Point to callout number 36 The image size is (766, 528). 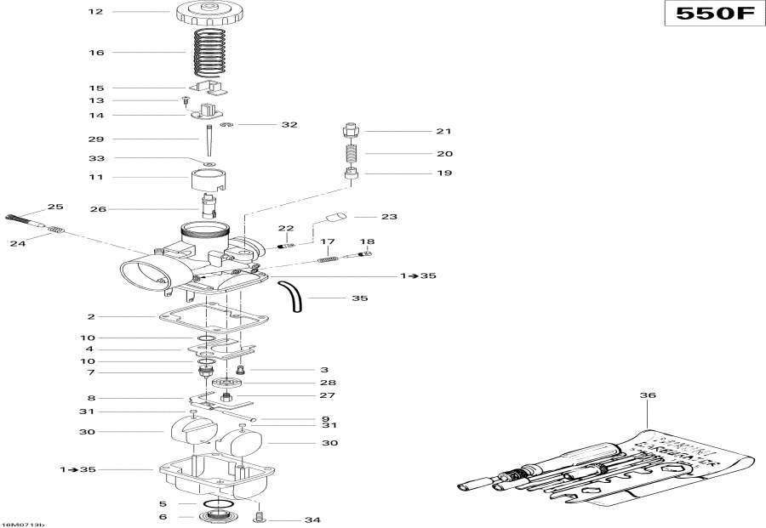tap(649, 395)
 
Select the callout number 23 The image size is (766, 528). tap(389, 216)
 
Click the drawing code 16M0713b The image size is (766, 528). tap(23, 524)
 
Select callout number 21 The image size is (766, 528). tap(443, 132)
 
